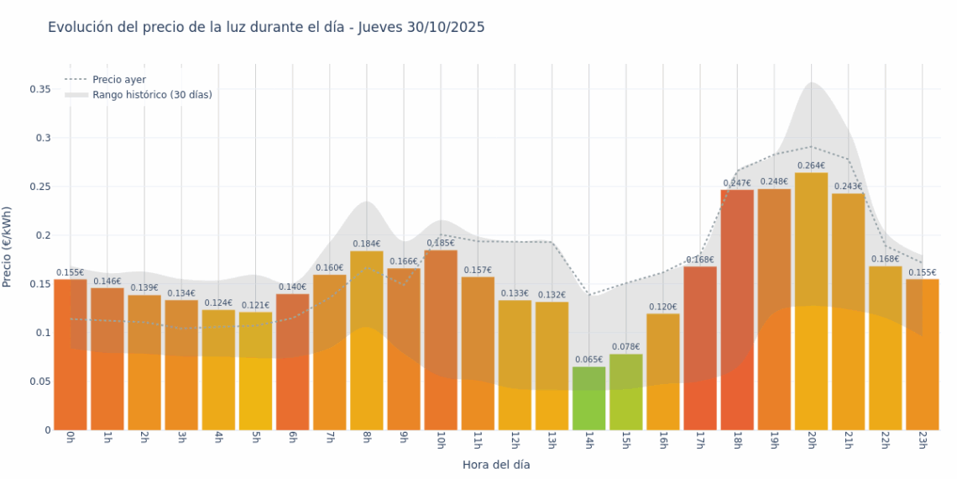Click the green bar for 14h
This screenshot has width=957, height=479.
[x=588, y=398]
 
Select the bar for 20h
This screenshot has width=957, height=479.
[x=811, y=303]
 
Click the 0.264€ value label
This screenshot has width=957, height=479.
[x=811, y=166]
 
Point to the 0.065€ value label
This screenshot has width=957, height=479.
[x=588, y=360]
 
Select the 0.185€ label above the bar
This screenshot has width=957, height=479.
[x=441, y=243]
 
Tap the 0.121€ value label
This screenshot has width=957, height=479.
[x=255, y=305]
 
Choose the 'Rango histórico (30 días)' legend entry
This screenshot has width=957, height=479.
[x=152, y=95]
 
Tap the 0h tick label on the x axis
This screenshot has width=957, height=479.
[x=70, y=439]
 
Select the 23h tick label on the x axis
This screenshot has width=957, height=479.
[x=922, y=440]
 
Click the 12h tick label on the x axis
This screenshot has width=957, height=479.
[x=514, y=440]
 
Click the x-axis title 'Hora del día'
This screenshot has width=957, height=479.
[x=496, y=465]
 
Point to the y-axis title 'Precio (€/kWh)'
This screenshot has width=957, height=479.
[x=8, y=247]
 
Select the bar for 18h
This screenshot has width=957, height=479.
[x=737, y=311]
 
